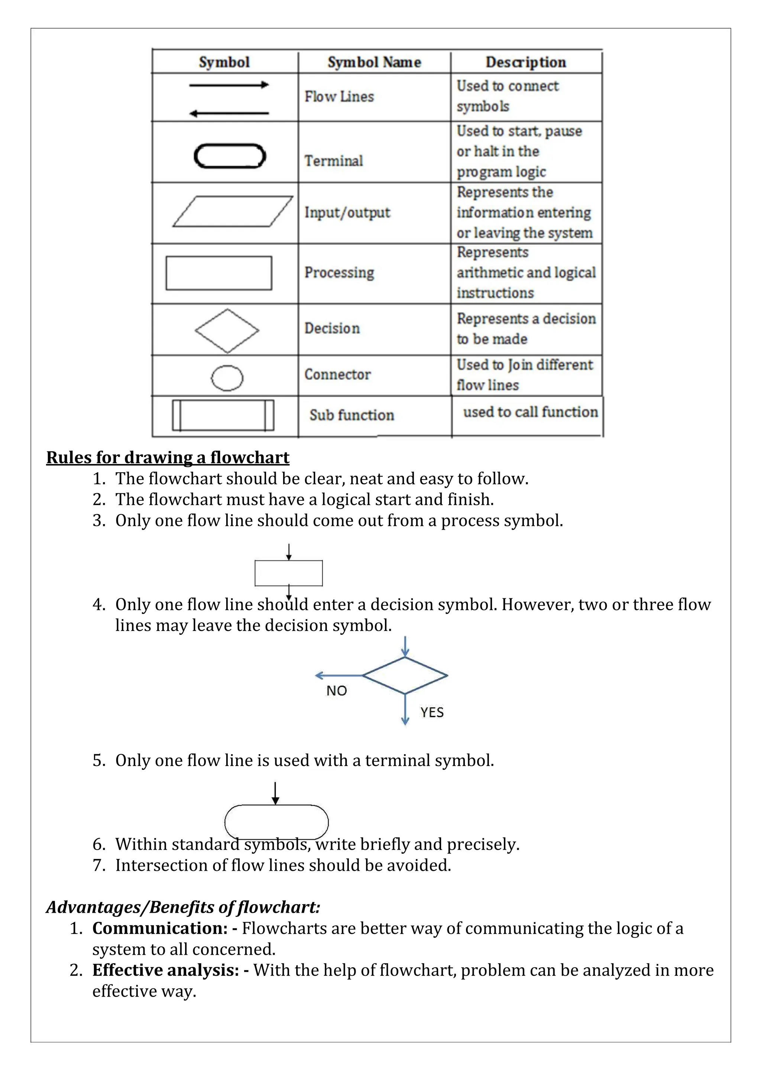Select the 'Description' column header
(525, 62)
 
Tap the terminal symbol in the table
(230, 156)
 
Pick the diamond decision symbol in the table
(227, 331)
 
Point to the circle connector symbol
(227, 378)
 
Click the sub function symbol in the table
(223, 415)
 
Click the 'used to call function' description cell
(530, 412)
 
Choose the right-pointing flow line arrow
(229, 85)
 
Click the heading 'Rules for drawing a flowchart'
(168, 457)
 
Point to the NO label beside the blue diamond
(336, 691)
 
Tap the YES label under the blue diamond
(432, 712)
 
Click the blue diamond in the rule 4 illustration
(405, 675)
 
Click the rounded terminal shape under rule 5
(276, 822)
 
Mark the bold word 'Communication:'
(160, 928)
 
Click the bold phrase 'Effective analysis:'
(166, 970)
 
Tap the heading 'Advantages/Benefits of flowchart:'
(183, 907)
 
